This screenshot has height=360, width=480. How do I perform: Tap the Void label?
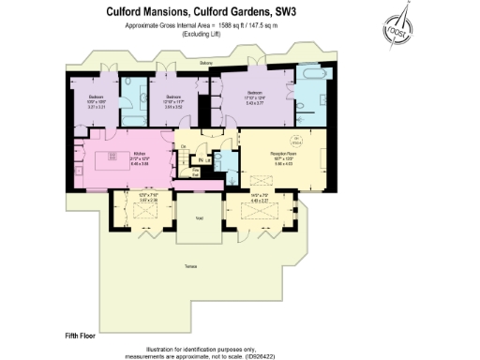click(x=199, y=217)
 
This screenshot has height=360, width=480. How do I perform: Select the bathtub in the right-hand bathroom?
click(x=308, y=76)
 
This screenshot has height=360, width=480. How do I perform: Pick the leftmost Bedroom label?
click(x=96, y=97)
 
